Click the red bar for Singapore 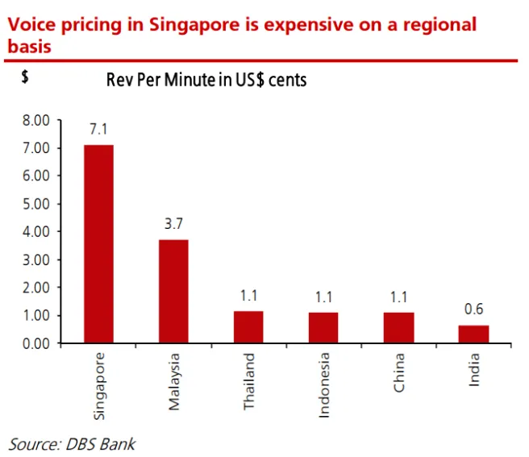[x=98, y=243]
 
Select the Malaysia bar [x=173, y=291]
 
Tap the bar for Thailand [x=248, y=326]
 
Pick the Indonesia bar [x=323, y=327]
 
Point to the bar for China [x=398, y=327]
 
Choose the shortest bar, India [x=473, y=334]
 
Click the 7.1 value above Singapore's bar [x=98, y=129]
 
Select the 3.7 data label [x=173, y=223]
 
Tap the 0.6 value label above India [x=473, y=310]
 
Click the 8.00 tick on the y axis [x=36, y=120]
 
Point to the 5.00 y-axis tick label [x=36, y=204]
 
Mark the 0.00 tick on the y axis [x=36, y=343]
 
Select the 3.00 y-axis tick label [x=36, y=260]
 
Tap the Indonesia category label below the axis [x=324, y=384]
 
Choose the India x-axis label [x=474, y=369]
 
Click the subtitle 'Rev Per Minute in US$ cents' [x=206, y=81]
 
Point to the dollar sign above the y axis [x=25, y=79]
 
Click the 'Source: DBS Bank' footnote [x=72, y=443]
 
